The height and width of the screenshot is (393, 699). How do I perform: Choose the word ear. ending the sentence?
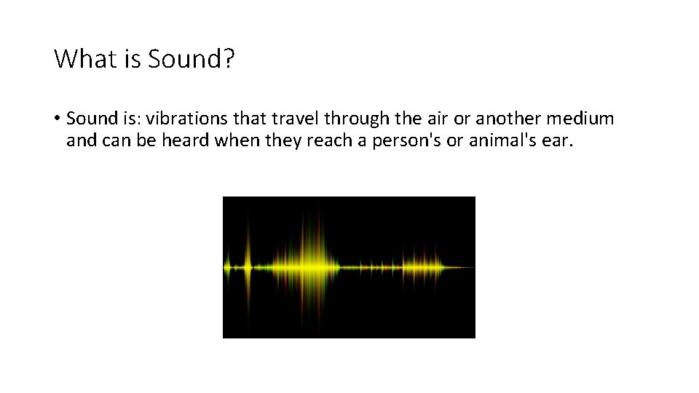(x=558, y=140)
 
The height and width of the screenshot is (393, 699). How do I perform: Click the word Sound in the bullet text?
(x=91, y=118)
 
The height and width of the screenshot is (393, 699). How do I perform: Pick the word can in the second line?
(x=114, y=140)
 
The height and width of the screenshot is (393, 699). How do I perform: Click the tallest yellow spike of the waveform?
(x=314, y=266)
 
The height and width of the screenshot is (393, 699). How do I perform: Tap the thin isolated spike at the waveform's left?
(x=247, y=266)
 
